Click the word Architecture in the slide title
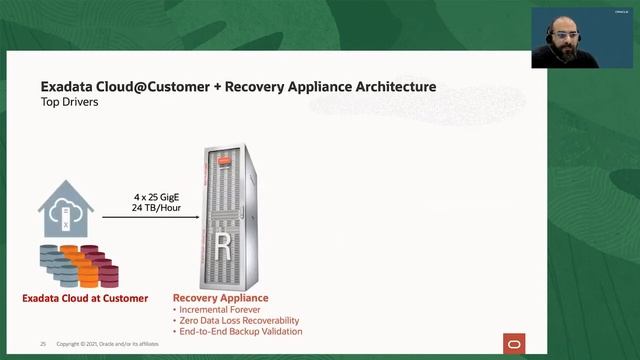391,87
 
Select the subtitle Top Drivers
71,102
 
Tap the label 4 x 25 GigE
158,198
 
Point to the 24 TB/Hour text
158,209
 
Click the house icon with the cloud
66,211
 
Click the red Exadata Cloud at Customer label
85,298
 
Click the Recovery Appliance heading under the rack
221,298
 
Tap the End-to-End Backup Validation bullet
240,331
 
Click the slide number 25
43,343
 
